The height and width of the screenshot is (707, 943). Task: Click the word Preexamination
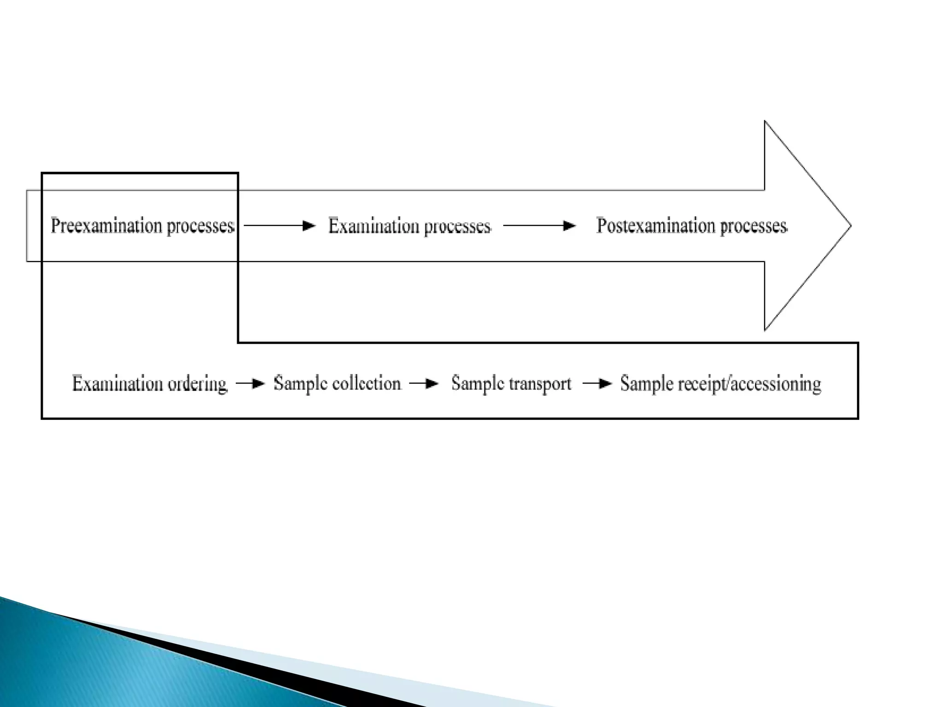click(x=106, y=226)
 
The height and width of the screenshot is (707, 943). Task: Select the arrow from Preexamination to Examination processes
click(x=279, y=226)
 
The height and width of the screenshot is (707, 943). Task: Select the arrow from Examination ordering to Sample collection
click(x=250, y=383)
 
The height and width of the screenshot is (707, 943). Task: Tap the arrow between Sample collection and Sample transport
click(x=423, y=383)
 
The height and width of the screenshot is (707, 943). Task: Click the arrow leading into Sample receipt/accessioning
click(x=597, y=383)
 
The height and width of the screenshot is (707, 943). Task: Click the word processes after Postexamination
click(x=753, y=226)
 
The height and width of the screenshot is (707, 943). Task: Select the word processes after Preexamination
click(x=200, y=226)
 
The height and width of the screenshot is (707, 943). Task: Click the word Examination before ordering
click(x=117, y=383)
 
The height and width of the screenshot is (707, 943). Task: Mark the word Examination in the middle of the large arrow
click(x=373, y=226)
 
